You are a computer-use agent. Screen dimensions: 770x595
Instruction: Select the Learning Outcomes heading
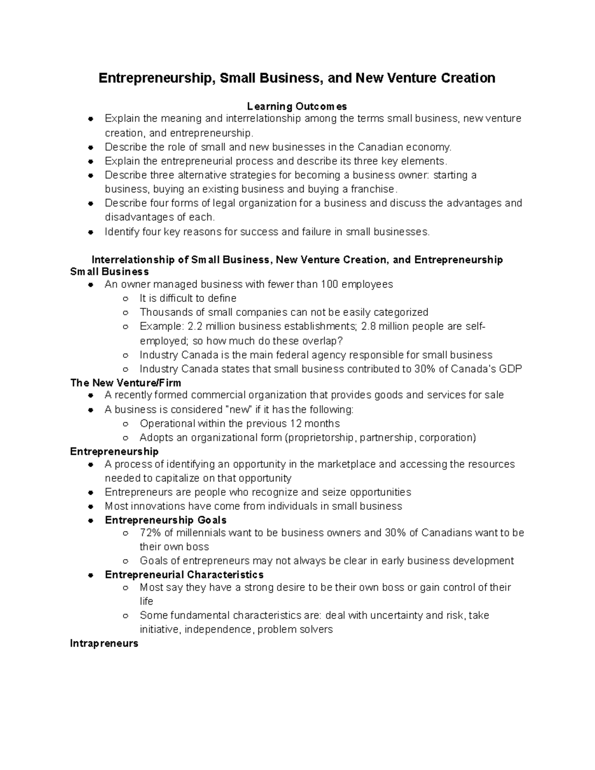tap(297, 106)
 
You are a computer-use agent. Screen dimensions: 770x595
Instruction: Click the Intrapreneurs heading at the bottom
tap(104, 644)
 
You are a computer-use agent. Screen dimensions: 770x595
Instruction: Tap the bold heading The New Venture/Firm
tap(125, 383)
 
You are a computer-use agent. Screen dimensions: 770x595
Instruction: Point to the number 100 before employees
tap(330, 284)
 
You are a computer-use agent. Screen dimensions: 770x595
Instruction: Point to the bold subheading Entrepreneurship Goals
tap(166, 520)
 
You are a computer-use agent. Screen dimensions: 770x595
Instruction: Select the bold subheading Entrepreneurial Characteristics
tap(184, 575)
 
